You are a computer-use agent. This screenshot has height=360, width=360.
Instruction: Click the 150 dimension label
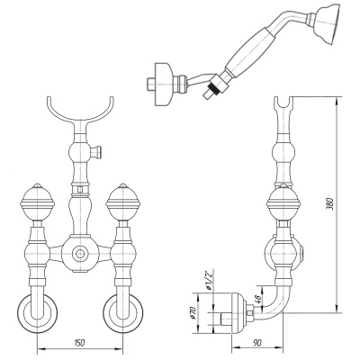[x=80, y=342]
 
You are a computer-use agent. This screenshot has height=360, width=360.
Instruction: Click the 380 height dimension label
[x=329, y=203]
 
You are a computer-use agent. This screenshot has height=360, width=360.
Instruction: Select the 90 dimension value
[x=256, y=342]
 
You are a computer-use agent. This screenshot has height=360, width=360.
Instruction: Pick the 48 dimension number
[x=256, y=299]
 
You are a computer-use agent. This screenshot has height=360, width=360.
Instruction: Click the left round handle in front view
[x=38, y=202]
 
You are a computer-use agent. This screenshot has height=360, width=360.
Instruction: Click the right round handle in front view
[x=122, y=202]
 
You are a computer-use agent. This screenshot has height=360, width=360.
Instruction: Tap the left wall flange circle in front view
[x=37, y=313]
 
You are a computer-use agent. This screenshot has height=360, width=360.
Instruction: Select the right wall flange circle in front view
[x=123, y=313]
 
